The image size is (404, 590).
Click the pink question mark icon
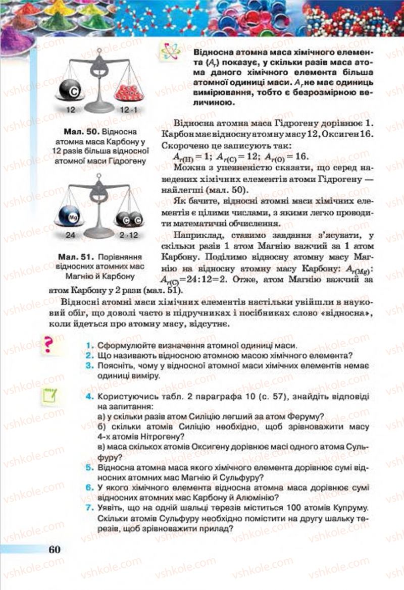(x=49, y=345)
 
